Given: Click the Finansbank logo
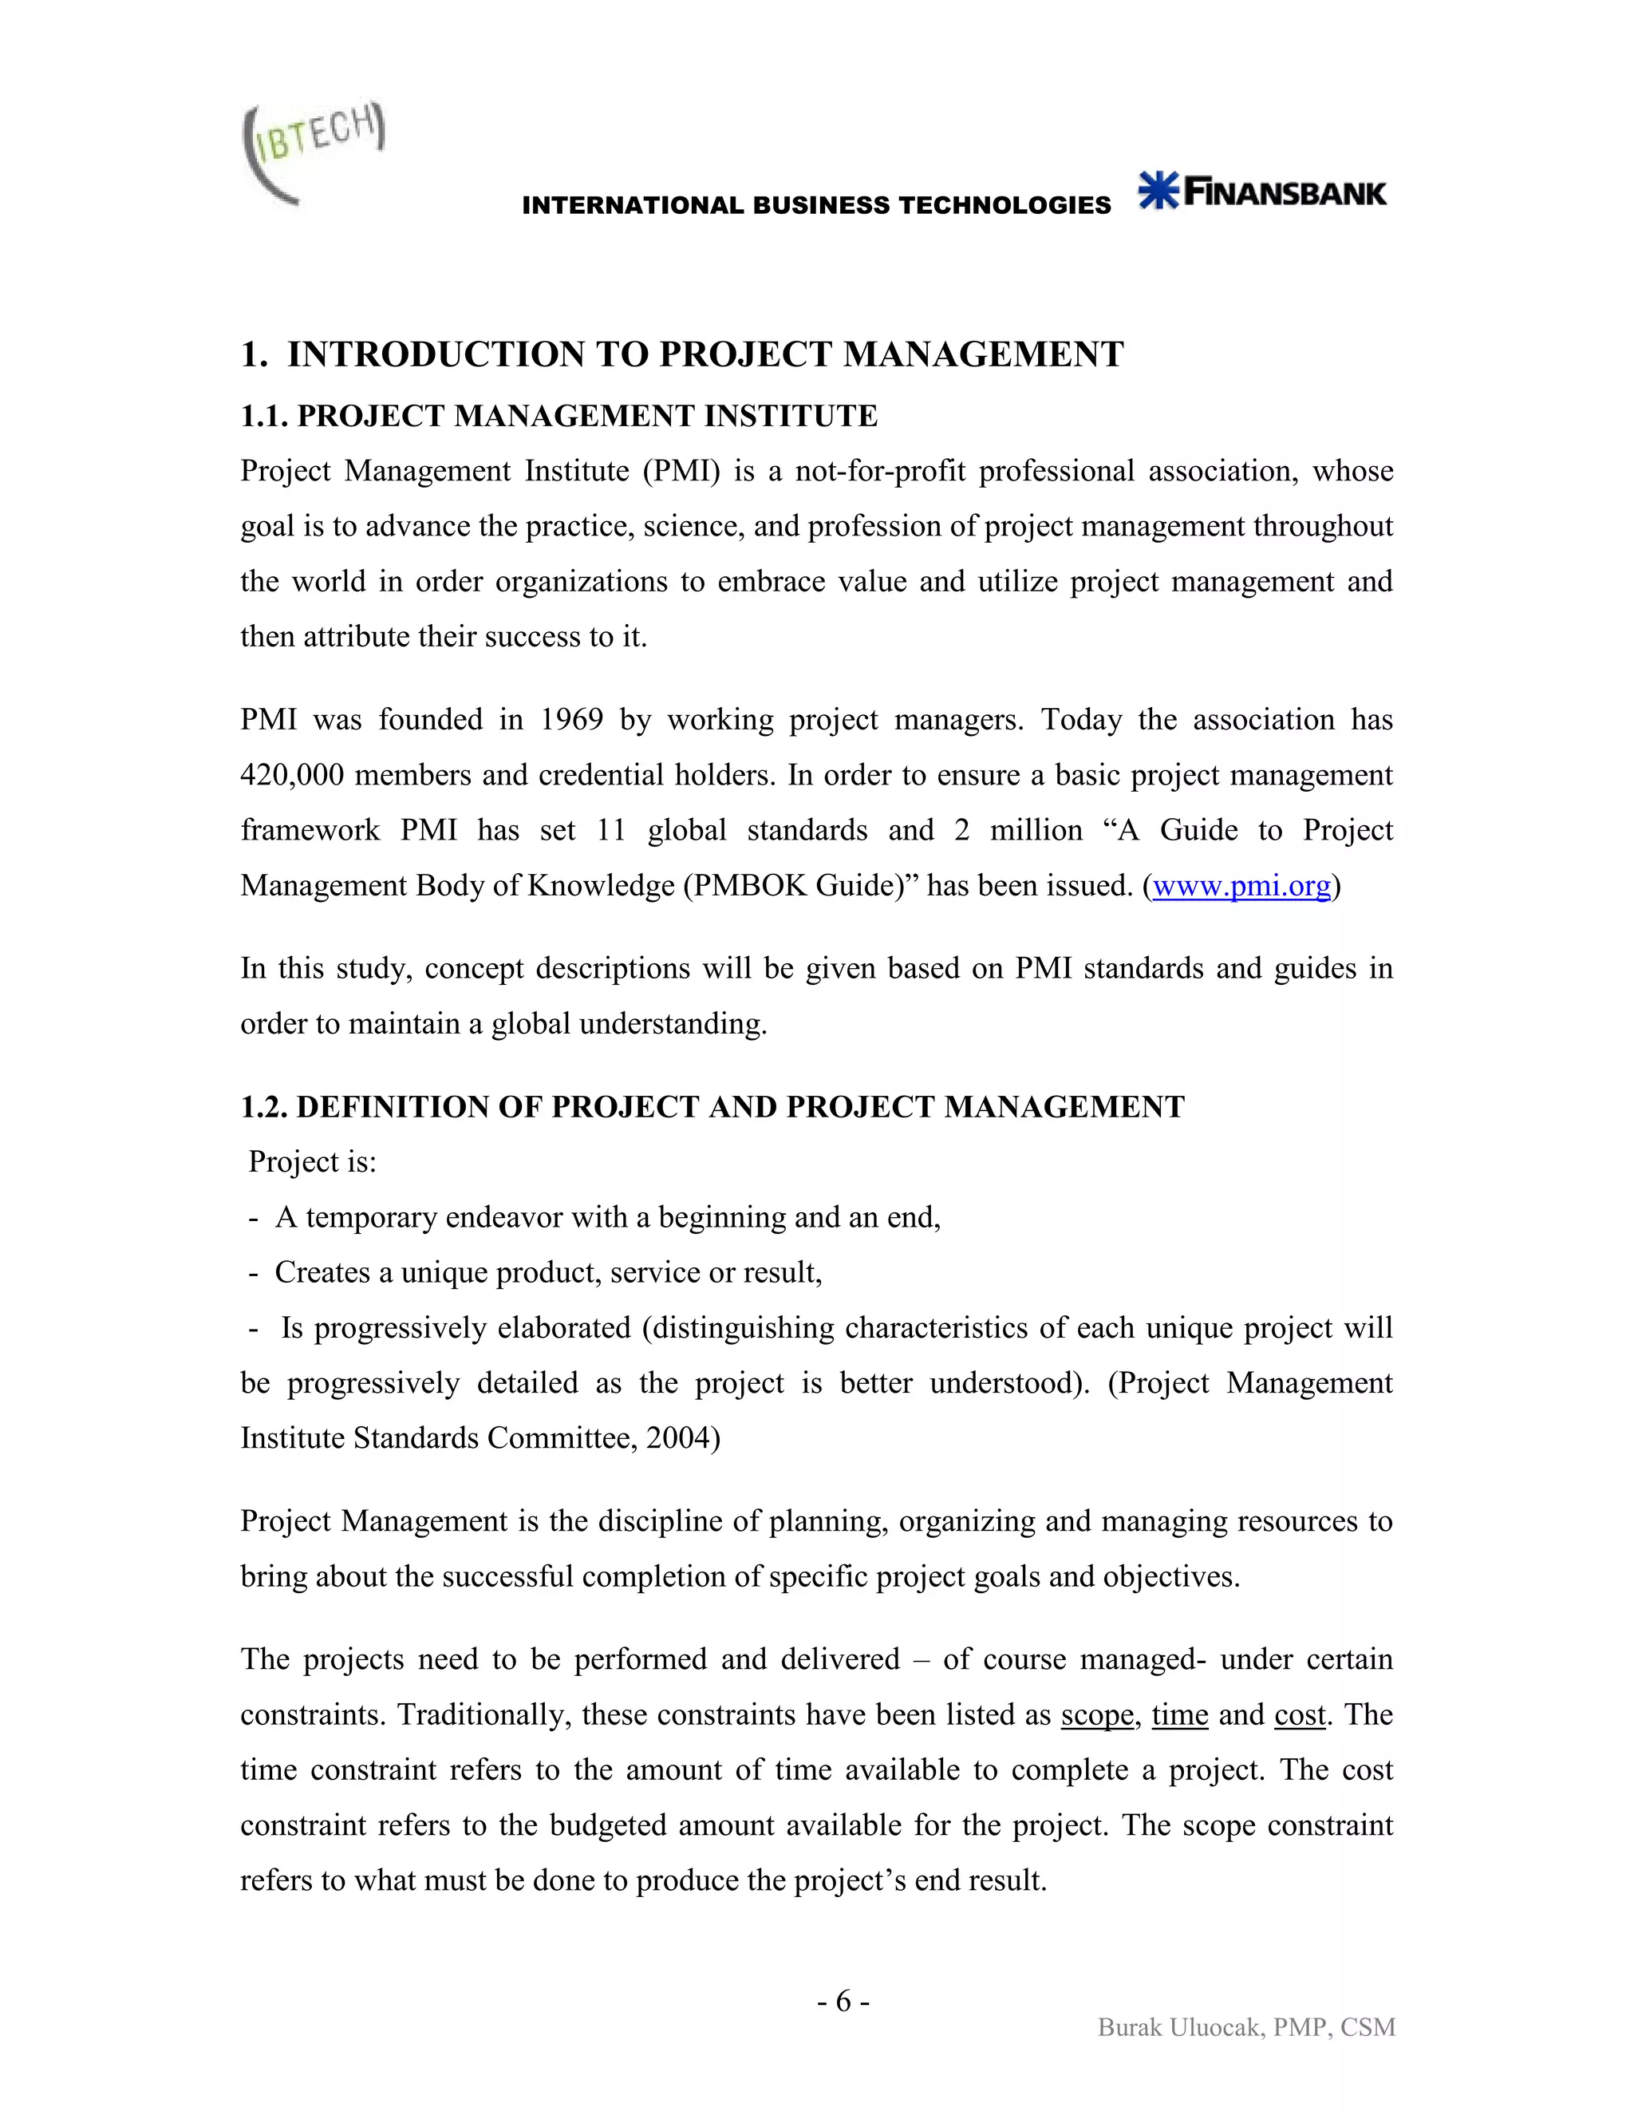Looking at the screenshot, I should [x=1262, y=191].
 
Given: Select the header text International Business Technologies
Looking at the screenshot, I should [x=816, y=205].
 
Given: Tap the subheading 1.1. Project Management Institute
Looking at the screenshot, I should [x=558, y=416].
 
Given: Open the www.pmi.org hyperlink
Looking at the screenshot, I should [x=1241, y=885].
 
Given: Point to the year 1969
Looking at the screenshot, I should [x=571, y=720].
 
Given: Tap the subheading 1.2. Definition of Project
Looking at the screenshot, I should [x=712, y=1106].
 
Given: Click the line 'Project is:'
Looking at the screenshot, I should [x=312, y=1161].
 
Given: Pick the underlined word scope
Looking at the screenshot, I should [x=1097, y=1714].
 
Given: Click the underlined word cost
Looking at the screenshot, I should [x=1299, y=1714].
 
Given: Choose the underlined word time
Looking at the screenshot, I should [x=1179, y=1714].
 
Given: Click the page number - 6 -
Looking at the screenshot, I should [x=843, y=2001].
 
